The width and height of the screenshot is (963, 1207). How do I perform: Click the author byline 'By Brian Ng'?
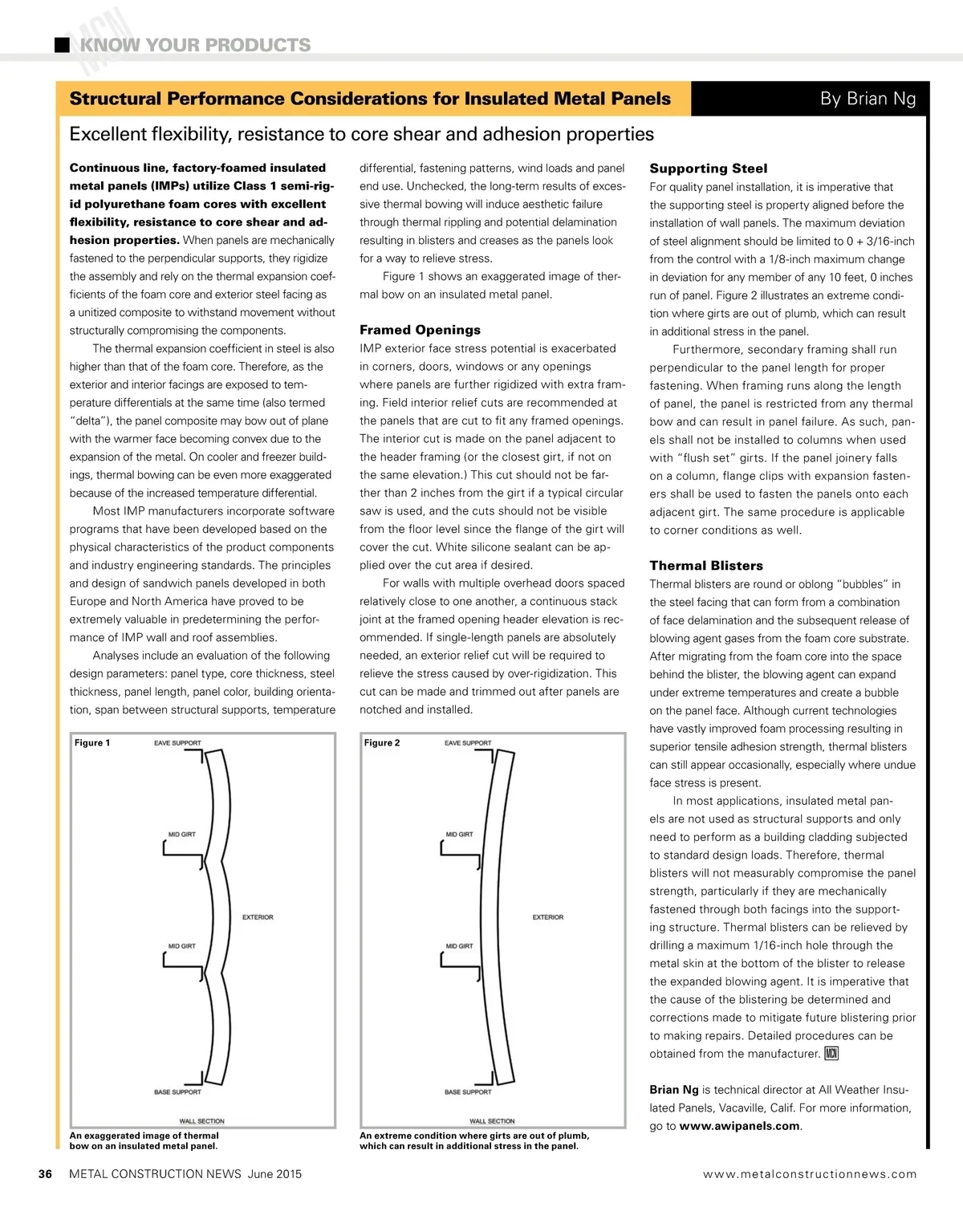pyautogui.click(x=868, y=99)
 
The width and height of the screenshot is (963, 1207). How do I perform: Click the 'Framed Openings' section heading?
pyautogui.click(x=420, y=330)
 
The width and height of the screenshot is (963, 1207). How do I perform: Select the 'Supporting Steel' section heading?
pyautogui.click(x=708, y=169)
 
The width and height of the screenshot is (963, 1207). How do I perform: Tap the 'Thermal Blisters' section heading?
pyautogui.click(x=706, y=566)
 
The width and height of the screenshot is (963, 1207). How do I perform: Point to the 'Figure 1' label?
pyautogui.click(x=92, y=743)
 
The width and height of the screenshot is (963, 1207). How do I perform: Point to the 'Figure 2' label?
pyautogui.click(x=382, y=743)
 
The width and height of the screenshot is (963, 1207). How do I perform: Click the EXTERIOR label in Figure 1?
pyautogui.click(x=258, y=917)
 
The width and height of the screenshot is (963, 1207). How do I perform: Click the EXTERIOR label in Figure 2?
pyautogui.click(x=548, y=917)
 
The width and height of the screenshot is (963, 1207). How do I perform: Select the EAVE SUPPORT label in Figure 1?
pyautogui.click(x=177, y=743)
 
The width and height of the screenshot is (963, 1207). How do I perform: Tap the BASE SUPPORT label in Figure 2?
pyautogui.click(x=468, y=1092)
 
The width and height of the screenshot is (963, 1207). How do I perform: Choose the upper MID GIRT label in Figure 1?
pyautogui.click(x=182, y=835)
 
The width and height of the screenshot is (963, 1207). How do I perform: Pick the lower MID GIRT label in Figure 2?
pyautogui.click(x=460, y=946)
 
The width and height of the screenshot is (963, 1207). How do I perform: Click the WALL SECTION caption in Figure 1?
pyautogui.click(x=201, y=1121)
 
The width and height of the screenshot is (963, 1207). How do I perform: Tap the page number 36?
pyautogui.click(x=46, y=1174)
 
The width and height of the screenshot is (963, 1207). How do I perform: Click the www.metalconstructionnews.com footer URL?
pyautogui.click(x=810, y=1174)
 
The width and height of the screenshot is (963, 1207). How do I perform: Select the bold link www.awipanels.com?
pyautogui.click(x=739, y=1126)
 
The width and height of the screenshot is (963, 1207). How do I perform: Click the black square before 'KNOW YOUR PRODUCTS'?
pyautogui.click(x=62, y=45)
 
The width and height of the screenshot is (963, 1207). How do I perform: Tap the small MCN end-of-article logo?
pyautogui.click(x=831, y=1054)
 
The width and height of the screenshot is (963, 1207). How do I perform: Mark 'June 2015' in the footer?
pyautogui.click(x=274, y=1174)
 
